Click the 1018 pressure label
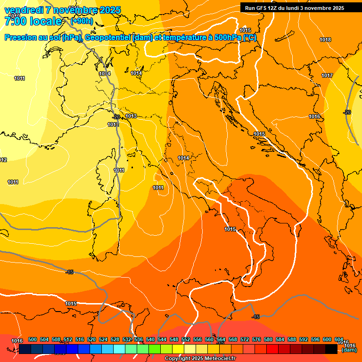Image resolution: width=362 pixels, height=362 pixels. (x=325, y=40)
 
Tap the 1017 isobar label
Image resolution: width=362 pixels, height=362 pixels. (x=327, y=76)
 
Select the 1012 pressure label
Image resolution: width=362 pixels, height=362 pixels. (x=3, y=160)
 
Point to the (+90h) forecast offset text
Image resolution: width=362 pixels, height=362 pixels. (x=82, y=21)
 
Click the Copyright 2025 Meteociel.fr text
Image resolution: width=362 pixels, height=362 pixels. (x=200, y=359)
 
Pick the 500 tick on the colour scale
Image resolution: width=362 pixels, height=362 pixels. (x=33, y=339)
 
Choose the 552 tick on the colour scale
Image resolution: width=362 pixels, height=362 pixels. (x=186, y=339)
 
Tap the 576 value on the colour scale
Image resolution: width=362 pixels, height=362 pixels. (x=256, y=339)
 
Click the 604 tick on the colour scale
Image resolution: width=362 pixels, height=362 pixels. (x=339, y=339)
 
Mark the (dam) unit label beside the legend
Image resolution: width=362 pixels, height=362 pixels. (x=349, y=350)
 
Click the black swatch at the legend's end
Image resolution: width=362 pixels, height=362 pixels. (x=331, y=349)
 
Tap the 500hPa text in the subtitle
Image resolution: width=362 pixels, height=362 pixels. (x=228, y=38)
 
